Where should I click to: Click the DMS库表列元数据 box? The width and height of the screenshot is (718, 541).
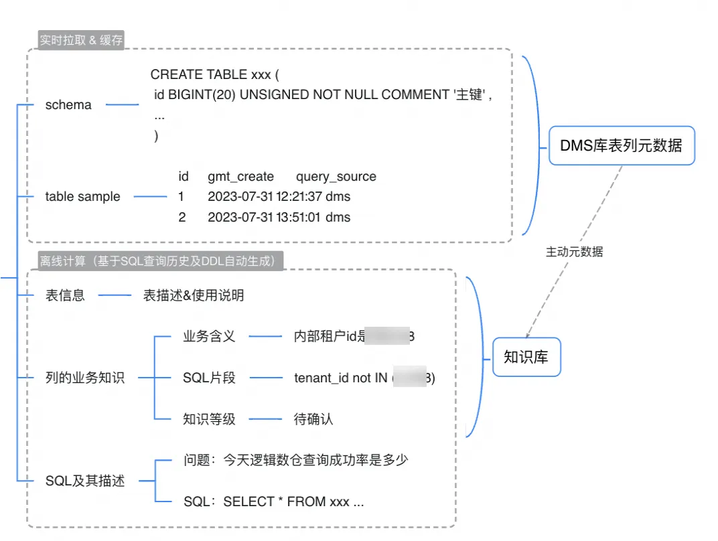[x=622, y=145]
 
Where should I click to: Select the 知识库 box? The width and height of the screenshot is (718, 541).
[x=526, y=357]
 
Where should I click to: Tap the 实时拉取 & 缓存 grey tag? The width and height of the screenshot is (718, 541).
[x=81, y=40]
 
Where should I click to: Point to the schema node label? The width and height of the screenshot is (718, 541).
[x=68, y=105]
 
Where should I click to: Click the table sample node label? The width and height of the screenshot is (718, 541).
[x=82, y=197]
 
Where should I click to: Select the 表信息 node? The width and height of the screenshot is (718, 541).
[x=65, y=295]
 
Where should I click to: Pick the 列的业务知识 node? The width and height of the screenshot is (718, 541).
[x=84, y=378]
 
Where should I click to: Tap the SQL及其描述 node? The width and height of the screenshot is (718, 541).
[x=85, y=481]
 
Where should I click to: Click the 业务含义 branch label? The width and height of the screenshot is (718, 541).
[x=209, y=337]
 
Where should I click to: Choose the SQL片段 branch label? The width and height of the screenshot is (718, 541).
[x=209, y=378]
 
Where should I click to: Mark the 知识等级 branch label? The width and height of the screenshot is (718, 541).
[x=209, y=420]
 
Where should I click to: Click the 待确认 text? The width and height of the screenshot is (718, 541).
[x=313, y=420]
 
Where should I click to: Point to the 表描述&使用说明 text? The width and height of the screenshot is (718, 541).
[x=194, y=295]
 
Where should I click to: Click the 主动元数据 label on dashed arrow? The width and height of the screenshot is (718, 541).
[x=575, y=252]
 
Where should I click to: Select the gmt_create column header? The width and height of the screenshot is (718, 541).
[x=240, y=177]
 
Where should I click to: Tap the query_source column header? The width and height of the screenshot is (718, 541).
[x=336, y=177]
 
